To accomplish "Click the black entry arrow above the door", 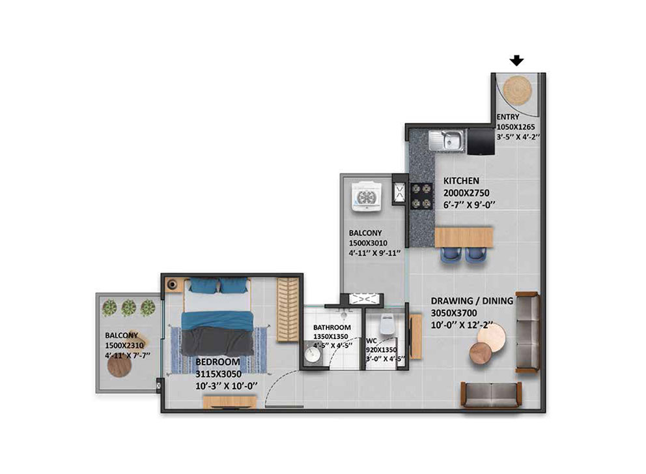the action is (x=516, y=61).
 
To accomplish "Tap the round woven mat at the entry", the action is (x=518, y=91).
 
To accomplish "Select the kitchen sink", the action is (x=447, y=141).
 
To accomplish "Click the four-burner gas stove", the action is (x=421, y=196).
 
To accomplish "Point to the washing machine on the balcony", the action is (x=365, y=197).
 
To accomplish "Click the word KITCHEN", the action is (x=461, y=181).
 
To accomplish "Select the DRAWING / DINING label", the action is (x=472, y=301).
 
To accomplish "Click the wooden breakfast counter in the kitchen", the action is (x=464, y=237).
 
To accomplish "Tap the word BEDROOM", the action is (x=218, y=362).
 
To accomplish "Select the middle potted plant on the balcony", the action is (x=128, y=307).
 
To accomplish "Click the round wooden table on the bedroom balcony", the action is (x=119, y=366).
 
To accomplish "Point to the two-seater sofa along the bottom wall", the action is (x=491, y=395).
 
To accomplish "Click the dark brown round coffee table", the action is (x=481, y=353).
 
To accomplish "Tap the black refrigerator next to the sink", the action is (x=481, y=141).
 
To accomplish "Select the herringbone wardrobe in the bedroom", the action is (x=288, y=310).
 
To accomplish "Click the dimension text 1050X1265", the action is (x=515, y=127).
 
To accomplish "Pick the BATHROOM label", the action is (x=331, y=327).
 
